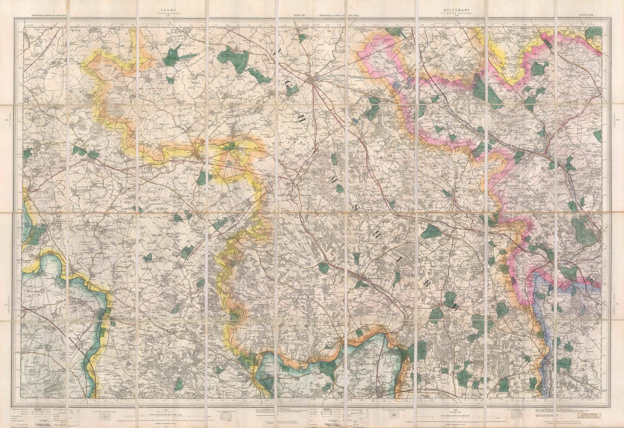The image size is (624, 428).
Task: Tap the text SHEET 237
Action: coord(302,16)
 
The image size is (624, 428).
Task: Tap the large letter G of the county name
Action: coord(290,89)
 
